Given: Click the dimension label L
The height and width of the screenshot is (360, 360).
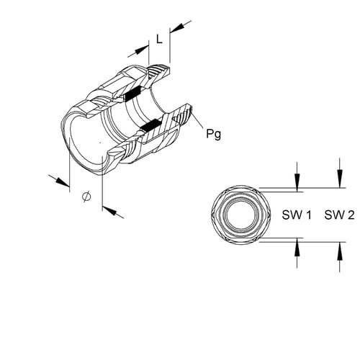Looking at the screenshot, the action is tap(159, 39).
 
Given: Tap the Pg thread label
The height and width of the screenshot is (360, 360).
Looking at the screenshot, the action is tap(214, 134).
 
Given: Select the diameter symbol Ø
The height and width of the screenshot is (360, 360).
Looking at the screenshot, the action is tap(86, 197).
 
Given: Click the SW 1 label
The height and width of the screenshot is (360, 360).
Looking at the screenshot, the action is tap(297, 215).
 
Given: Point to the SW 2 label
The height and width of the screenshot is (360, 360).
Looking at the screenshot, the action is tap(339, 215).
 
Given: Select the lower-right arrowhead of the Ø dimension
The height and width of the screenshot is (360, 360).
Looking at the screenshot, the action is tap(109, 210).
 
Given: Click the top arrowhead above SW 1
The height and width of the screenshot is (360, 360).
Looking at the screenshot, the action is tap(297, 183).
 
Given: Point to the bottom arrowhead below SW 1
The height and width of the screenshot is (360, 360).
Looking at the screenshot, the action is tap(297, 248).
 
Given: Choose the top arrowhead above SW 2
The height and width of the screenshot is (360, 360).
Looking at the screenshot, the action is tap(340, 179).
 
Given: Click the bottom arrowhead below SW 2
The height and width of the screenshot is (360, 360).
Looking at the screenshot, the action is tap(340, 251).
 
